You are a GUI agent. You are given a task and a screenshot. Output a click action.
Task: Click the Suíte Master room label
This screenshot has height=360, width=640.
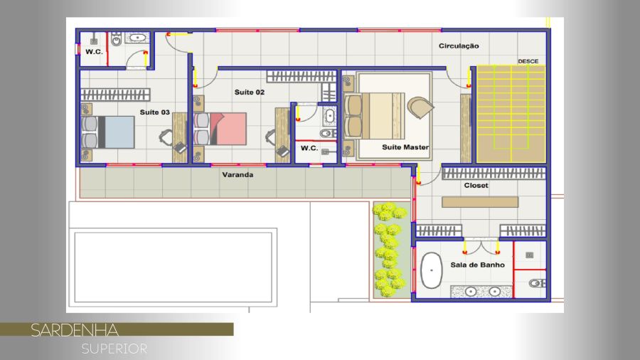click(x=405, y=147)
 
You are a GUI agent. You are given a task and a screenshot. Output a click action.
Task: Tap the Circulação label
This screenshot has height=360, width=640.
click(x=459, y=46)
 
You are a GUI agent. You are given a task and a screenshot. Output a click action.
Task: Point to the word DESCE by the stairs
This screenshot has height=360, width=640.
click(x=528, y=61)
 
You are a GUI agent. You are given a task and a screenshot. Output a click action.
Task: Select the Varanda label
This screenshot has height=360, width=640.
click(x=238, y=175)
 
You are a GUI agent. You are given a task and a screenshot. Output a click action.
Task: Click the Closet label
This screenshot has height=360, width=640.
click(x=476, y=185)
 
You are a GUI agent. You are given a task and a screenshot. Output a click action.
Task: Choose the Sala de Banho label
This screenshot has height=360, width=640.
click(x=478, y=265)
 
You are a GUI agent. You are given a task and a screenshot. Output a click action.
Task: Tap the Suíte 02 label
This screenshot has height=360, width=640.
click(x=250, y=92)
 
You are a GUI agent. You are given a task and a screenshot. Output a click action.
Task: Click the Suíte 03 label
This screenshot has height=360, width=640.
click(x=155, y=112)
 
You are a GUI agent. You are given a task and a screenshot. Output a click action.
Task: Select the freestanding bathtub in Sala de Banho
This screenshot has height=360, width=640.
click(x=432, y=270)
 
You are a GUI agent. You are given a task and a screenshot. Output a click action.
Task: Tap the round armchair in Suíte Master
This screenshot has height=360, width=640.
click(x=420, y=107)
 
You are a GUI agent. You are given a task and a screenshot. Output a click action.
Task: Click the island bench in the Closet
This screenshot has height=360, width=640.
click(x=480, y=202)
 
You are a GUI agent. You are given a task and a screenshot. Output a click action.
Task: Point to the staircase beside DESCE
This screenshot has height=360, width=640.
click(x=511, y=115)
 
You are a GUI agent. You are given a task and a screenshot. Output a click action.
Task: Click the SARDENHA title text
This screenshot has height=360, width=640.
click(x=75, y=330)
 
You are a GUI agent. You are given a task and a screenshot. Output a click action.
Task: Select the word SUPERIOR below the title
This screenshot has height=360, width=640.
click(x=114, y=349)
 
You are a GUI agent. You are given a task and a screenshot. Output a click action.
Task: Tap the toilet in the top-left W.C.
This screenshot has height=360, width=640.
click(x=117, y=39)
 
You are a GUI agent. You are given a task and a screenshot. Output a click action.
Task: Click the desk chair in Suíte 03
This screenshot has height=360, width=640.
click(x=166, y=137)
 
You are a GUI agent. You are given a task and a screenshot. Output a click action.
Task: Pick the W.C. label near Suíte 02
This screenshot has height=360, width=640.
click(x=309, y=148)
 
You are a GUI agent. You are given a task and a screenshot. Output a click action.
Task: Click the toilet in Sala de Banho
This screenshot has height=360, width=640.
click(x=537, y=283)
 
